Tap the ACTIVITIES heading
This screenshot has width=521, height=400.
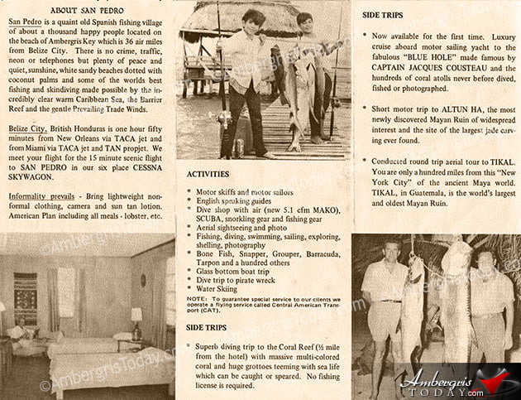click(x=208, y=175)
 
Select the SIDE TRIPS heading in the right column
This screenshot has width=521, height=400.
click(x=390, y=15)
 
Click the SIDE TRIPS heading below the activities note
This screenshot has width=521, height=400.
click(x=208, y=327)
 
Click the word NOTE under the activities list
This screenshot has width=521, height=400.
click(x=197, y=299)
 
